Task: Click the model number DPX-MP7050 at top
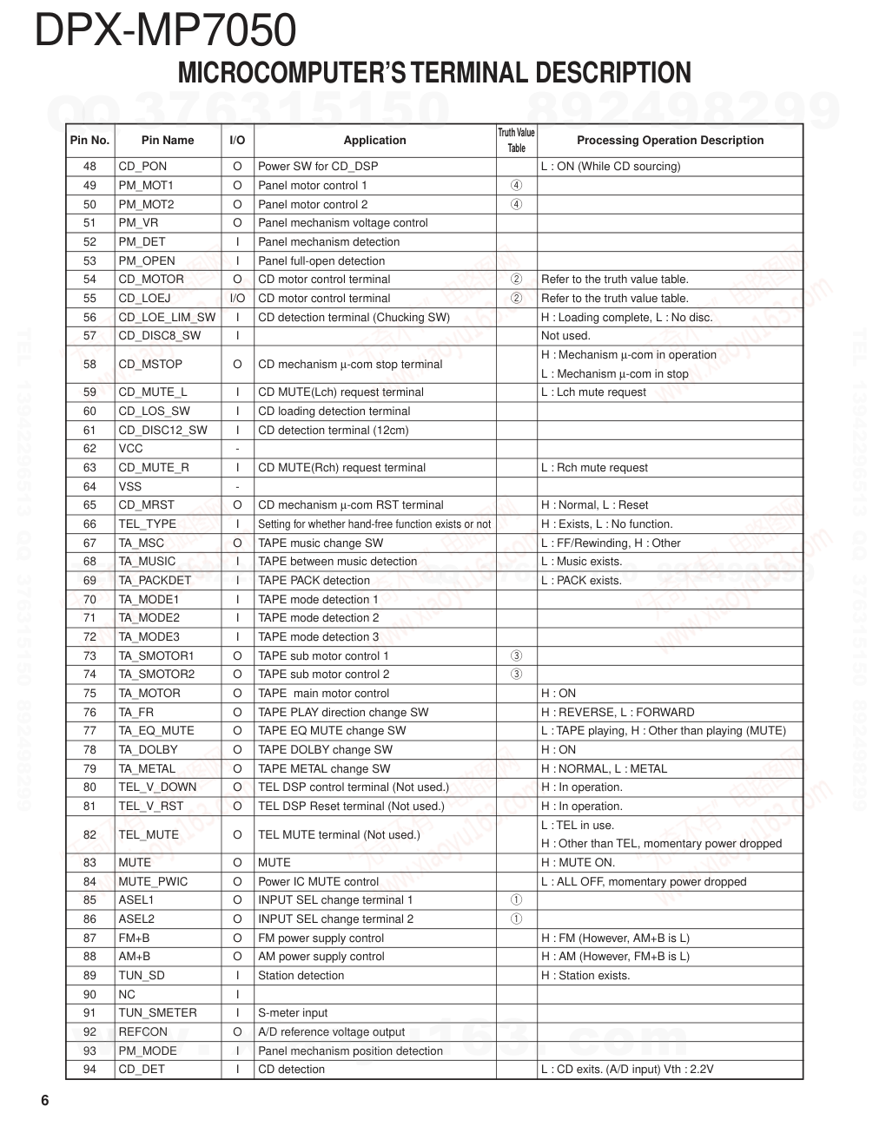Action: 165,30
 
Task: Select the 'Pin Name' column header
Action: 168,141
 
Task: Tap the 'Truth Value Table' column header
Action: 516,141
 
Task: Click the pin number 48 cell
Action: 90,167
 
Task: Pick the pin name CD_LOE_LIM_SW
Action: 167,318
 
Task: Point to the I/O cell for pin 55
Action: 237,299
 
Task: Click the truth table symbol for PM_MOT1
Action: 516,186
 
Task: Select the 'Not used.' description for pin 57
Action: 565,336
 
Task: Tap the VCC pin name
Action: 131,449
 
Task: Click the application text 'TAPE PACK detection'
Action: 314,581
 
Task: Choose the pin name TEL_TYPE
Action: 147,524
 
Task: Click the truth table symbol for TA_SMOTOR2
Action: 516,675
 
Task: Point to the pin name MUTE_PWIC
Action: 153,882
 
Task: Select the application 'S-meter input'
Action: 293,1013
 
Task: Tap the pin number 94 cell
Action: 90,1070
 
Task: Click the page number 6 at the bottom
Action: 44,1102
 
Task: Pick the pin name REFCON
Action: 143,1032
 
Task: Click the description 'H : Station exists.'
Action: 585,976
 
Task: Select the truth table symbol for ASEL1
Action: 516,900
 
